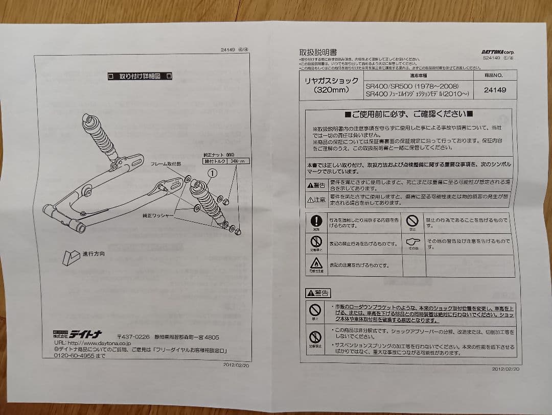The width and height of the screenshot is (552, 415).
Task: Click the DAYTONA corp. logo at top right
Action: pyautogui.click(x=497, y=52)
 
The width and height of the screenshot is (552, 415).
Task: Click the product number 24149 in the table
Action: pyautogui.click(x=494, y=89)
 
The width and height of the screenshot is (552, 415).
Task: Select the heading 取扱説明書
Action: pyautogui.click(x=318, y=52)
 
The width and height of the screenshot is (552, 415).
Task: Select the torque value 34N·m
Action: pyautogui.click(x=238, y=161)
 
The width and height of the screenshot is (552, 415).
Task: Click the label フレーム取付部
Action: pyautogui.click(x=166, y=164)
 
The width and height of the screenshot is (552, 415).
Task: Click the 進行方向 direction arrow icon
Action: pyautogui.click(x=71, y=257)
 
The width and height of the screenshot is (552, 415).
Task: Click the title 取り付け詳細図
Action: pyautogui.click(x=140, y=76)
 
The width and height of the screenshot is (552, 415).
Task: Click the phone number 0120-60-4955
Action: pyautogui.click(x=75, y=356)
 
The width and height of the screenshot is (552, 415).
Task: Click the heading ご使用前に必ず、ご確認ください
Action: pyautogui.click(x=408, y=114)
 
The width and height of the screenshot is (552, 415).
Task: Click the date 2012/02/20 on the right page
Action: pyautogui.click(x=506, y=368)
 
